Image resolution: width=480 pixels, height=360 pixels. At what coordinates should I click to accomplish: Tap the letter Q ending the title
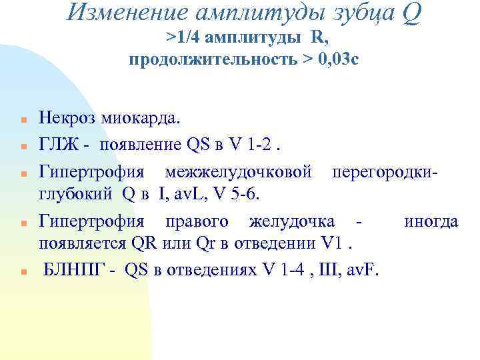411,13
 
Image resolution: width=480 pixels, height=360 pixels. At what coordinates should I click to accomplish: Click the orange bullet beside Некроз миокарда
22,121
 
